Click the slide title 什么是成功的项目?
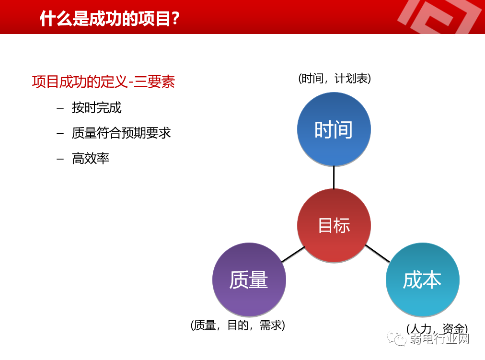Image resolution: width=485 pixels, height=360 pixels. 110,19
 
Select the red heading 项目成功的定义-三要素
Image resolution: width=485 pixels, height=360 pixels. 103,81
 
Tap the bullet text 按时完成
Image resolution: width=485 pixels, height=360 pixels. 97,107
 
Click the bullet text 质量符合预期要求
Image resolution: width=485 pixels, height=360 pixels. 121,133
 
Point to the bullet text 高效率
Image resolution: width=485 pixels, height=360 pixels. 91,158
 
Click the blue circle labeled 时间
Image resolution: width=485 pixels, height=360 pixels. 334,129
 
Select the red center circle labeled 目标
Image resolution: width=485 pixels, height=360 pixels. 334,225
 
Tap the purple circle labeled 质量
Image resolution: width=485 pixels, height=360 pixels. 249,280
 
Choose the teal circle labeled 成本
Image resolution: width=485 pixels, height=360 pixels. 422,280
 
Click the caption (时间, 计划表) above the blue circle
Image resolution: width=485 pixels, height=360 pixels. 334,79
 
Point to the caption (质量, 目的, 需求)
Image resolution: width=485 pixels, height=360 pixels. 238,325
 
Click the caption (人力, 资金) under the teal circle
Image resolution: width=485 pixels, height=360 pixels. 437,328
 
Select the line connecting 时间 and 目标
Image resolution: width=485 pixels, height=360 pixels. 334,177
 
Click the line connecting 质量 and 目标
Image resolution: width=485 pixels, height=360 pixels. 293,255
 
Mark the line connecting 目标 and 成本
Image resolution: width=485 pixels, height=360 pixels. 377,254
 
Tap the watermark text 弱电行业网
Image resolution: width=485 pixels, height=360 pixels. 439,339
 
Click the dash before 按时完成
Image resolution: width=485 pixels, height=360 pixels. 60,108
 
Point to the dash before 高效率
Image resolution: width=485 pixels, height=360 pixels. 60,159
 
